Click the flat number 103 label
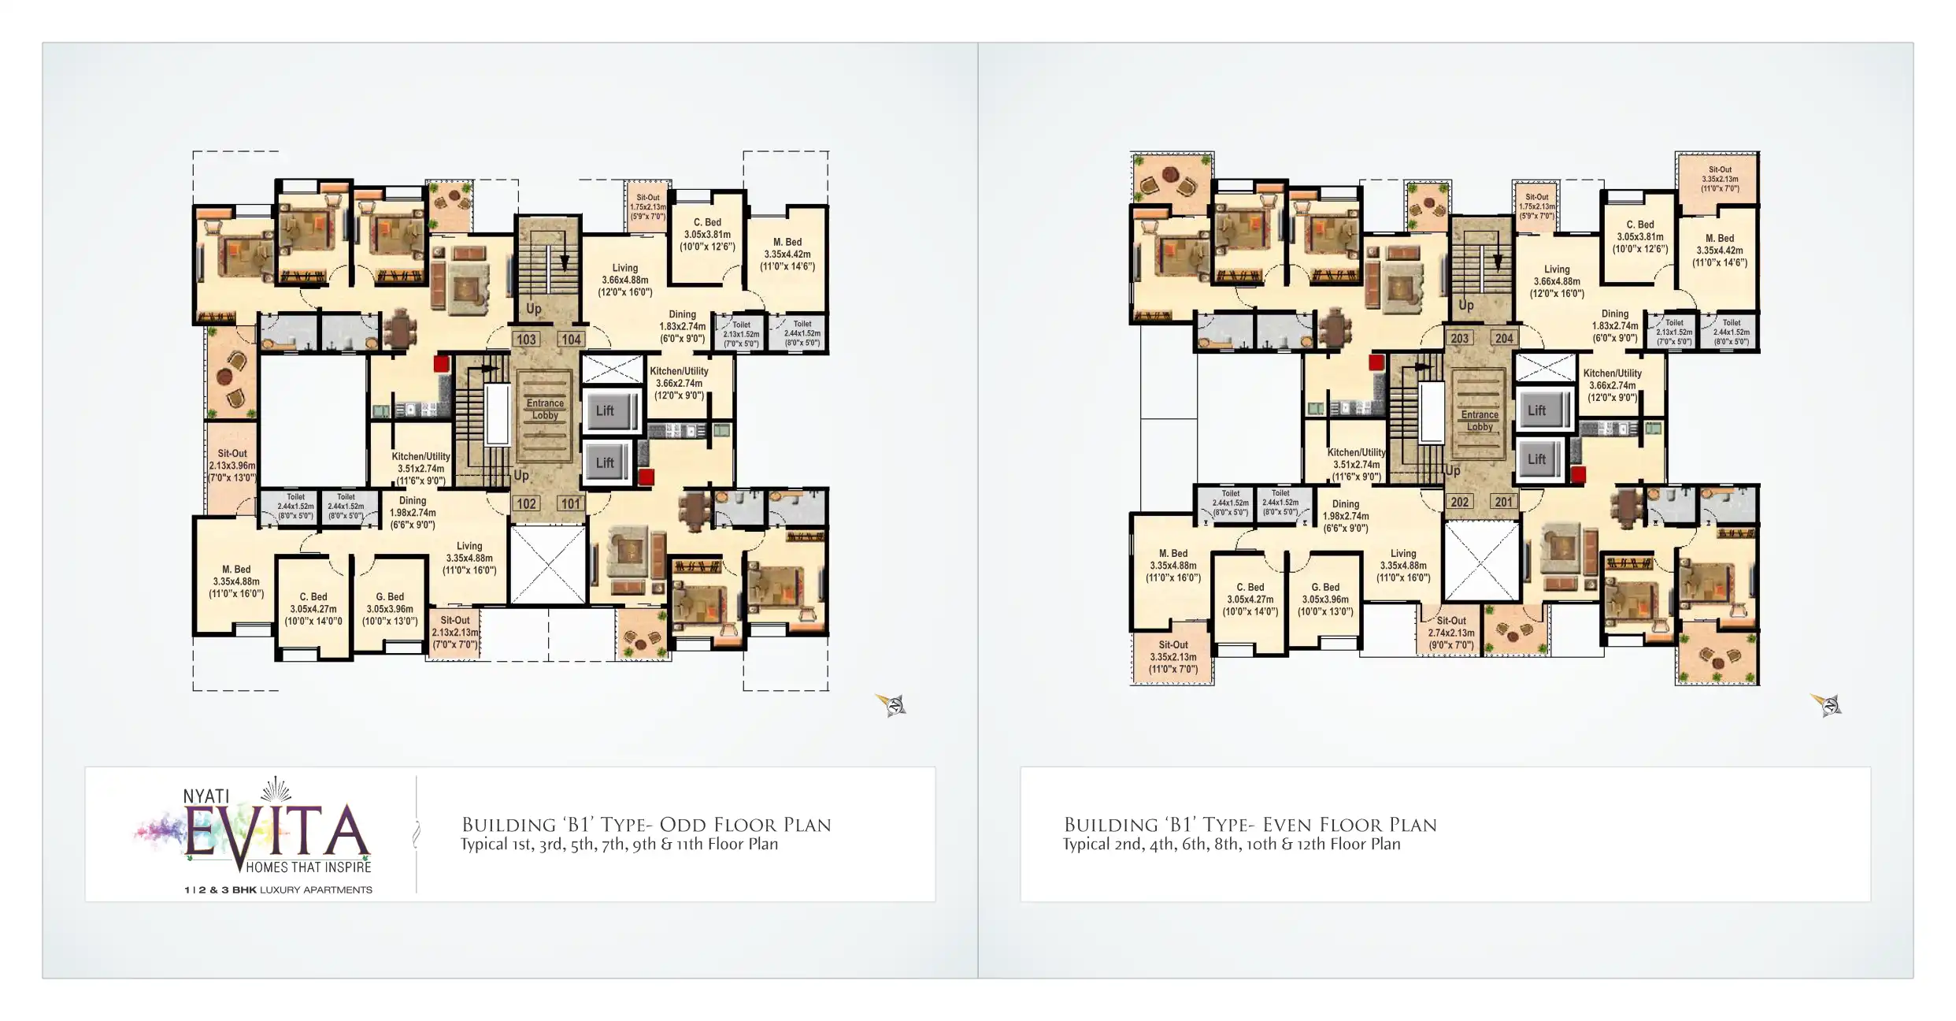[x=526, y=340]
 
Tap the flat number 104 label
[x=571, y=340]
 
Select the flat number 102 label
[x=526, y=503]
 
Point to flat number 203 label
[x=1459, y=338]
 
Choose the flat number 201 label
[x=1503, y=502]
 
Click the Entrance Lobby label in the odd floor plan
[x=545, y=409]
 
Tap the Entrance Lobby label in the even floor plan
[x=1480, y=420]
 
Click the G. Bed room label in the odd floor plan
[x=390, y=609]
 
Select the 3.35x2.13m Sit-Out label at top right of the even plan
[x=1720, y=180]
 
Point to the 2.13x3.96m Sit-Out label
[x=232, y=466]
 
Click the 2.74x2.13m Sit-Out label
[x=1451, y=633]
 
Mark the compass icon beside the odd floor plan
[x=892, y=704]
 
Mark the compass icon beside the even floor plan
[x=1827, y=704]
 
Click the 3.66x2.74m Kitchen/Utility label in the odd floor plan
[x=679, y=383]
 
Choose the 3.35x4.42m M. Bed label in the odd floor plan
[x=787, y=254]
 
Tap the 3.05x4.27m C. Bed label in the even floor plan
[x=1250, y=600]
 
